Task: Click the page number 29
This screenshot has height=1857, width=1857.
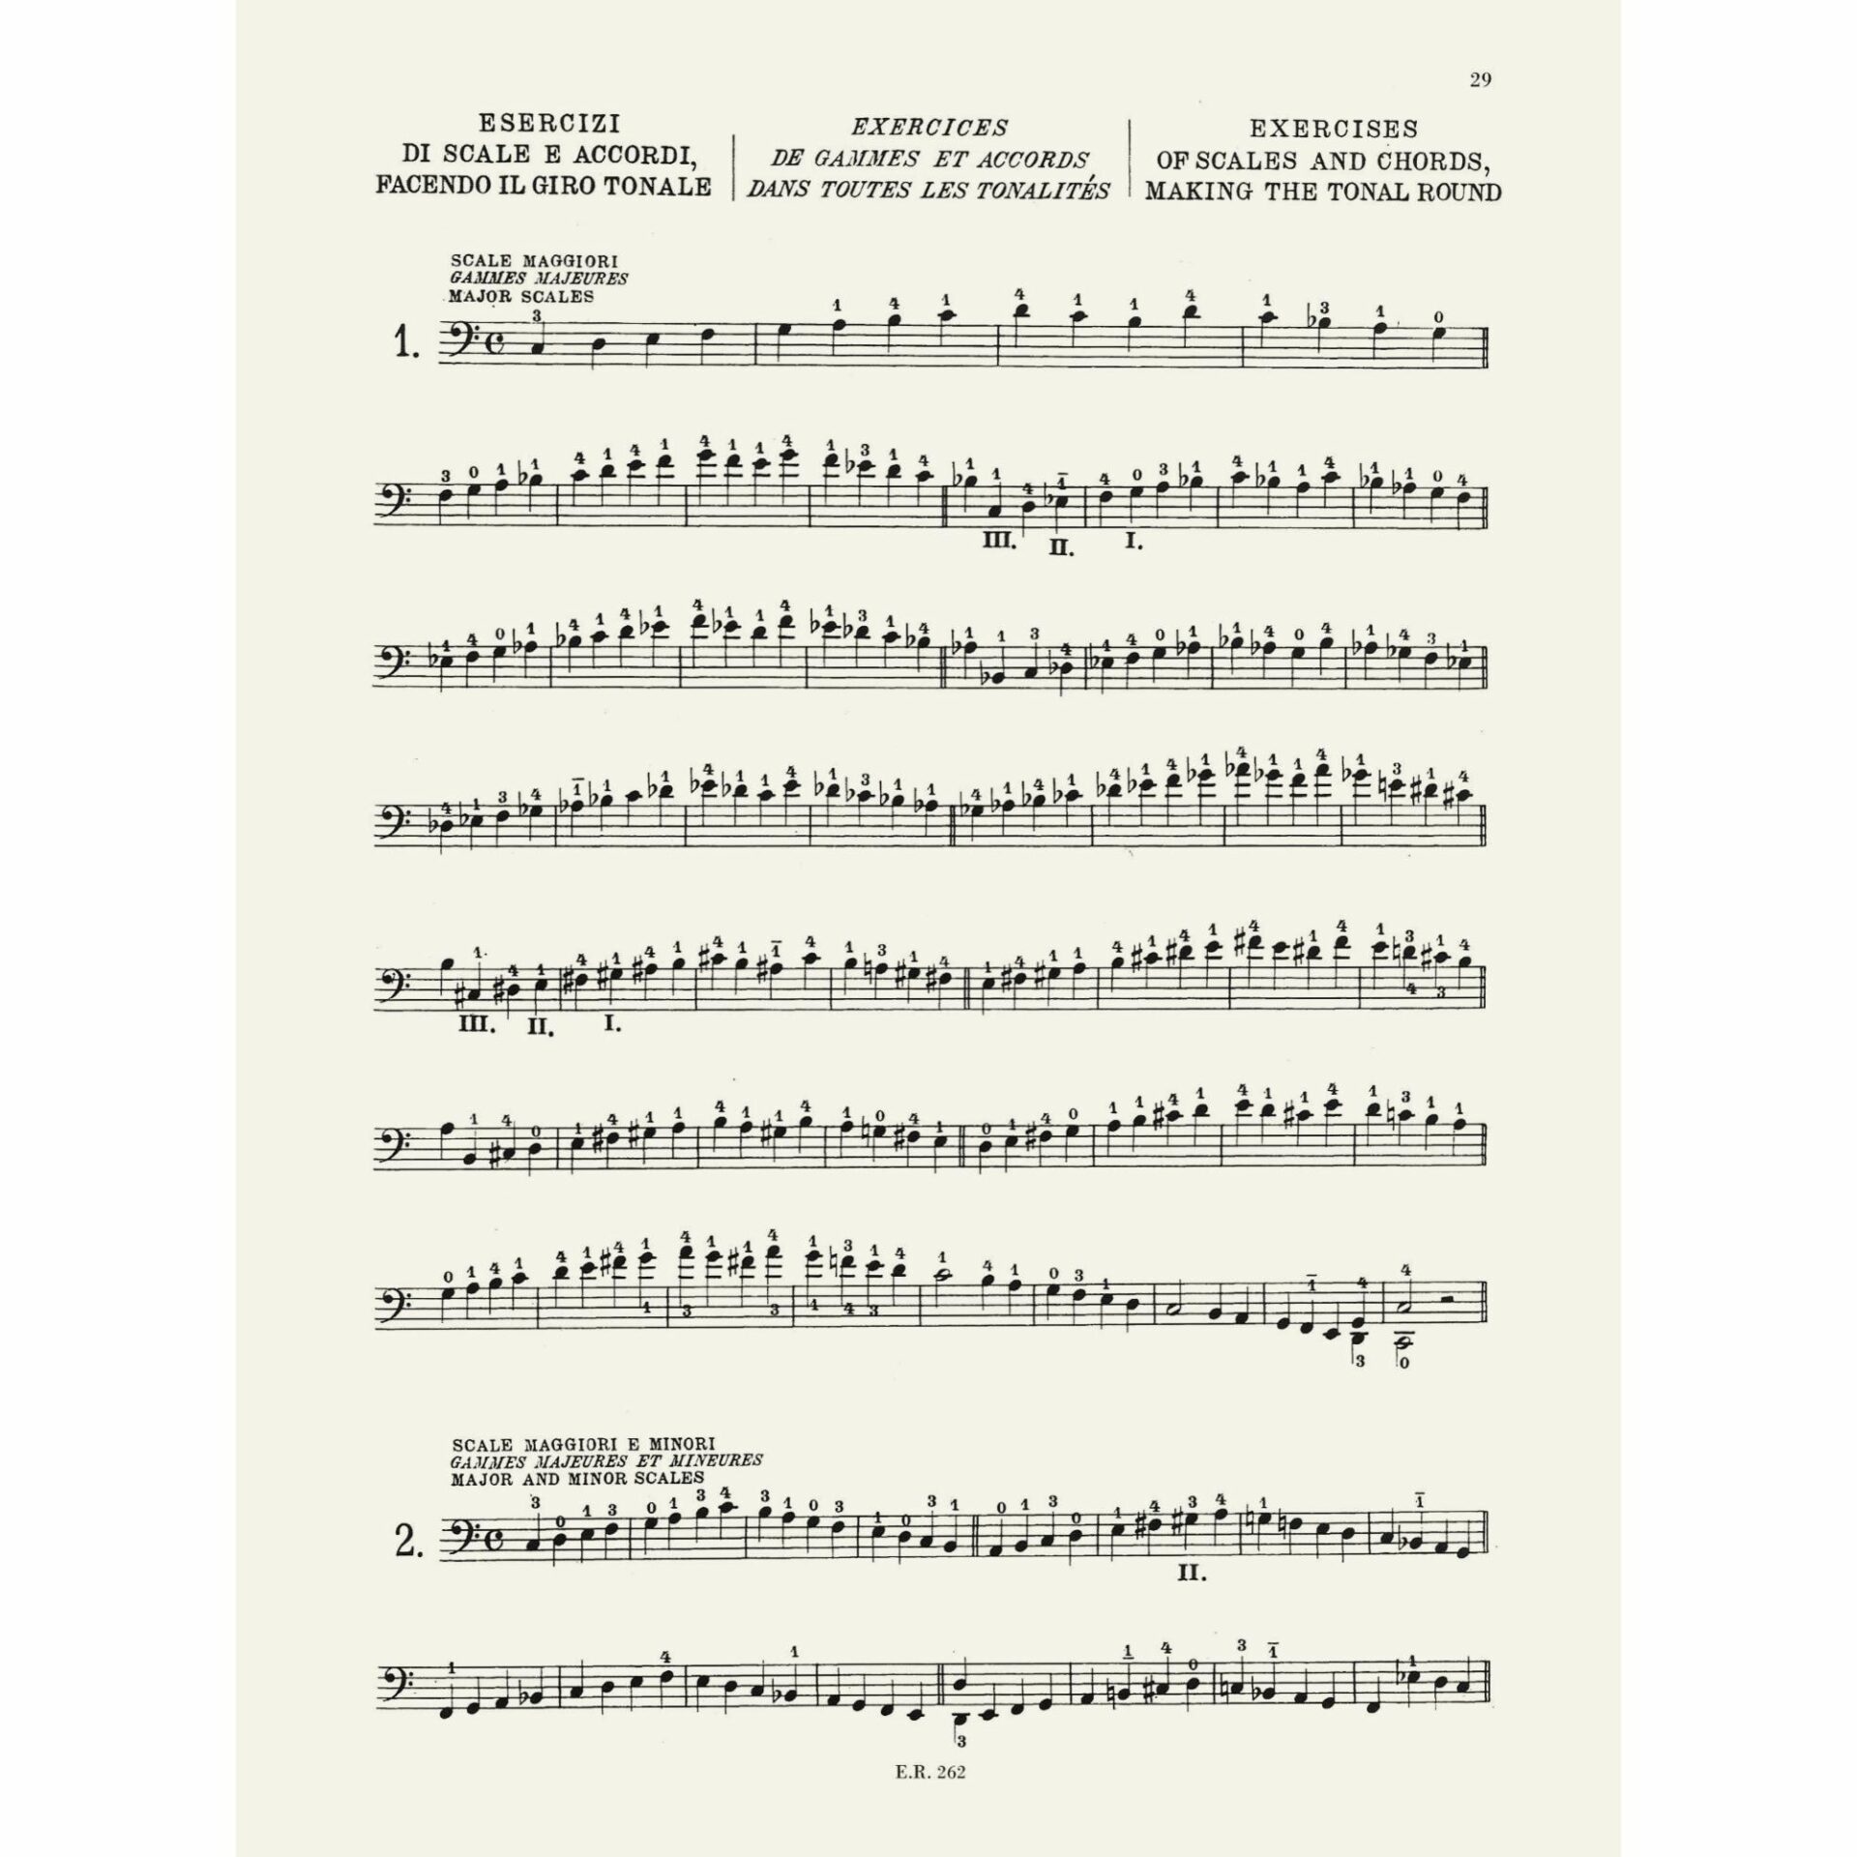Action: click(x=1480, y=80)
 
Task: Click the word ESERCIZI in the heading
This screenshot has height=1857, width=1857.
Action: click(x=548, y=125)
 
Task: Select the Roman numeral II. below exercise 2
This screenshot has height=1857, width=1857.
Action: click(x=1193, y=1601)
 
